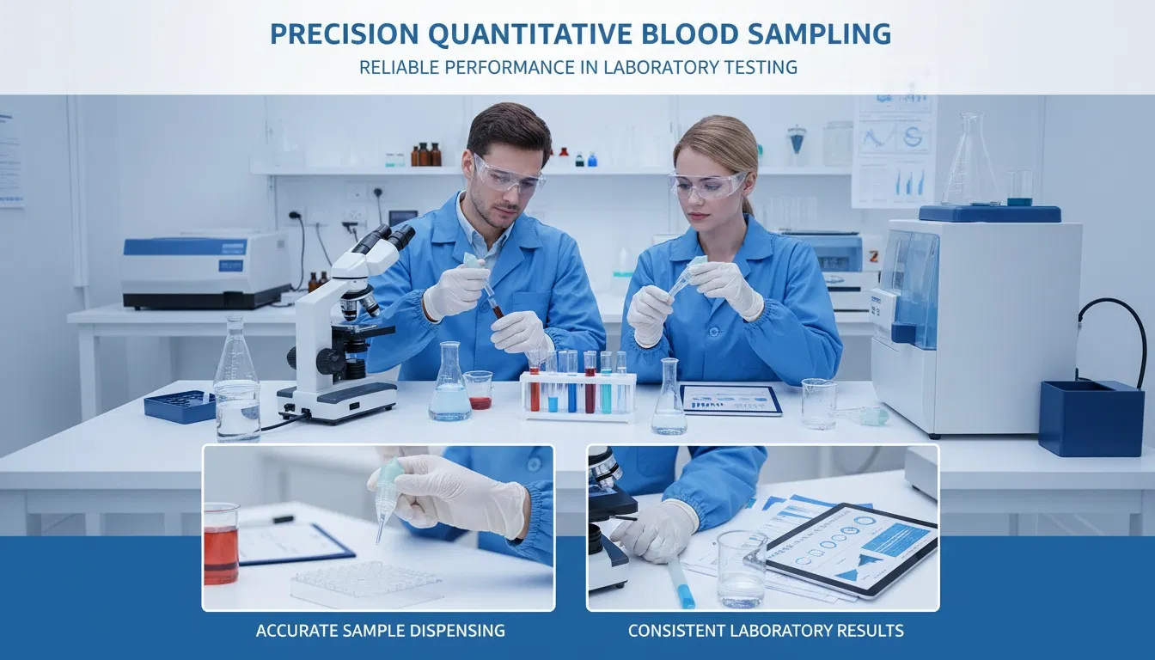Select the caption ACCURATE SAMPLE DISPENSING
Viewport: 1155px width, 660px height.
pyautogui.click(x=380, y=631)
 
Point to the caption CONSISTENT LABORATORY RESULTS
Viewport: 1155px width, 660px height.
pyautogui.click(x=766, y=631)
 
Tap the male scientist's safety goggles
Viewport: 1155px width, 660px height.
pyautogui.click(x=508, y=177)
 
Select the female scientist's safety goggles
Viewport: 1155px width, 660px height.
pyautogui.click(x=706, y=185)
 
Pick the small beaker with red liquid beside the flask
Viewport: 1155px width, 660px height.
pyautogui.click(x=478, y=389)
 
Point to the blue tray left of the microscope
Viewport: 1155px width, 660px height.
pyautogui.click(x=180, y=406)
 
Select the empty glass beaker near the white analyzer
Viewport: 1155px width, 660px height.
pyautogui.click(x=818, y=403)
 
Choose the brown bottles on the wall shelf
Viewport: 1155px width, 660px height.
pyautogui.click(x=425, y=155)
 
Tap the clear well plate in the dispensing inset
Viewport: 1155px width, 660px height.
pyautogui.click(x=368, y=584)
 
